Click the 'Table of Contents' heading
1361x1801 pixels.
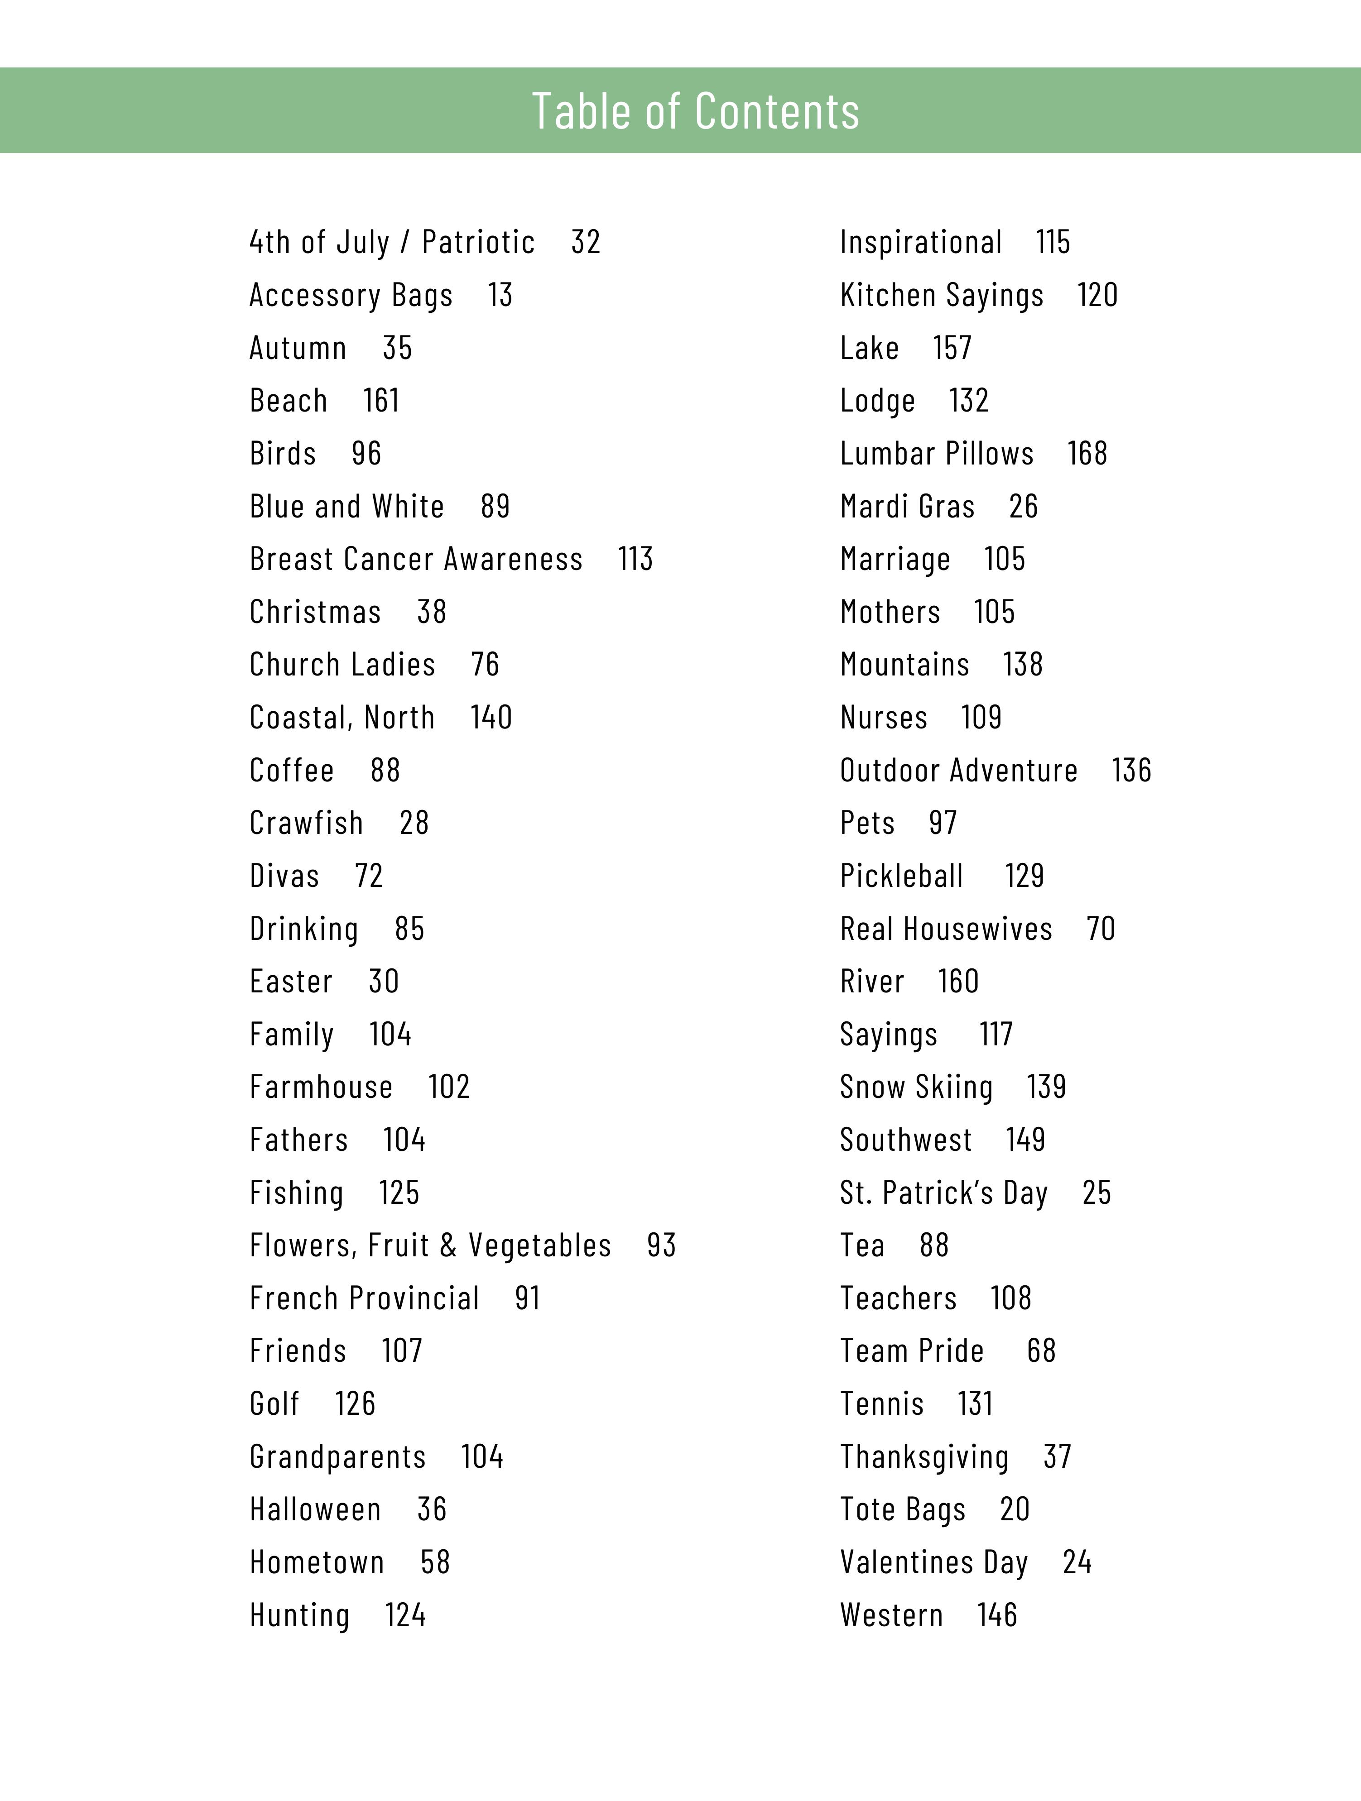pyautogui.click(x=696, y=111)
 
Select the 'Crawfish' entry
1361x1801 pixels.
pyautogui.click(x=306, y=823)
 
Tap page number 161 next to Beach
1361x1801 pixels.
pyautogui.click(x=380, y=401)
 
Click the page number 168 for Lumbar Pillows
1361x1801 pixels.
pyautogui.click(x=1087, y=454)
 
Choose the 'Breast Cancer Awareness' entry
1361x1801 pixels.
pyautogui.click(x=416, y=559)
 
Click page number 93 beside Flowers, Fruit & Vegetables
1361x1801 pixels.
pyautogui.click(x=661, y=1246)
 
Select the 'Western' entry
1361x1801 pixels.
pyautogui.click(x=891, y=1615)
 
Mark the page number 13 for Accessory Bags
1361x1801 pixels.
pyautogui.click(x=500, y=295)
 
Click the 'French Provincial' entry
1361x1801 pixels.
pyautogui.click(x=364, y=1298)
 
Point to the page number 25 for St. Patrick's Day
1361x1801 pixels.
pyautogui.click(x=1096, y=1193)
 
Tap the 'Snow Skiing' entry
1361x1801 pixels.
pyautogui.click(x=916, y=1087)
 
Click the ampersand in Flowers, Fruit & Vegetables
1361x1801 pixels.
pyautogui.click(x=448, y=1246)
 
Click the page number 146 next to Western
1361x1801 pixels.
pyautogui.click(x=997, y=1615)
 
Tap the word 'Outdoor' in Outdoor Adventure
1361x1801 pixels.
pyautogui.click(x=889, y=770)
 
